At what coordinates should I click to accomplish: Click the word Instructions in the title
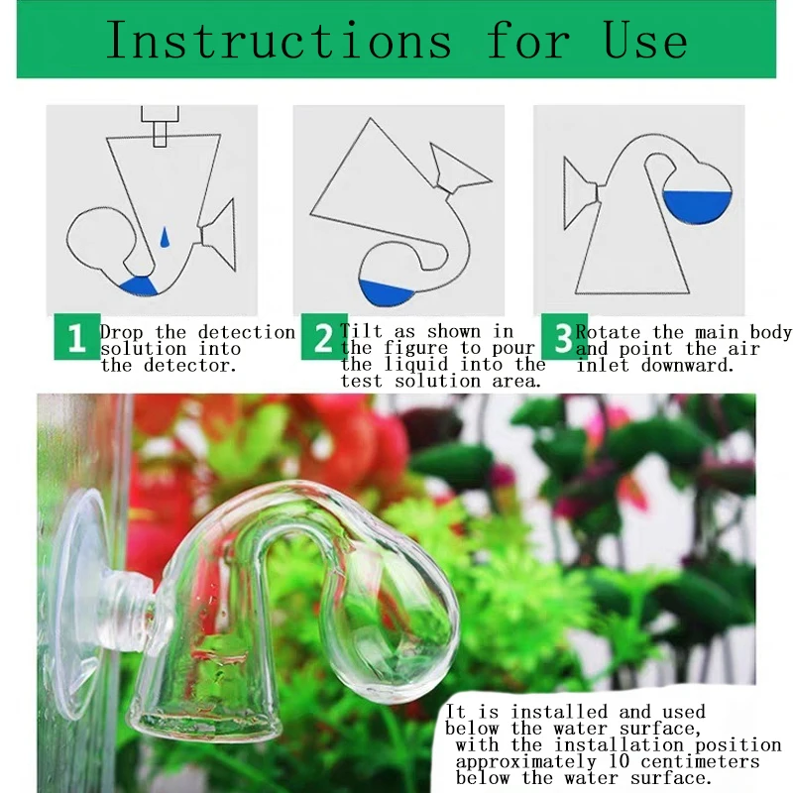pos(279,40)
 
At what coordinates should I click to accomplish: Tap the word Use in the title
pos(645,40)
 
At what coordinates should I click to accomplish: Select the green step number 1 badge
pos(76,337)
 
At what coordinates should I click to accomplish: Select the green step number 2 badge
pos(324,337)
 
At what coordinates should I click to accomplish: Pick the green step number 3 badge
pos(563,337)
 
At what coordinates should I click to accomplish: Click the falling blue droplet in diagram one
pos(165,237)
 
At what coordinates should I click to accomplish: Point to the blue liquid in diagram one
pos(139,285)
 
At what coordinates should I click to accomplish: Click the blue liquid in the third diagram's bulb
pos(697,206)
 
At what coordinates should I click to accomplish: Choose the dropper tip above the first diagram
pos(160,126)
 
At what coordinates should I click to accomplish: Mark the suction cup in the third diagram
pos(581,193)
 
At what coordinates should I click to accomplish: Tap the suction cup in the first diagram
pos(218,235)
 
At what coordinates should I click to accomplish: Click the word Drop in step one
pos(121,333)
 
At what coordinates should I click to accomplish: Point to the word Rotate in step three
pos(608,332)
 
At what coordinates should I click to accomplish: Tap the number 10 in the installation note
pos(619,761)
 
